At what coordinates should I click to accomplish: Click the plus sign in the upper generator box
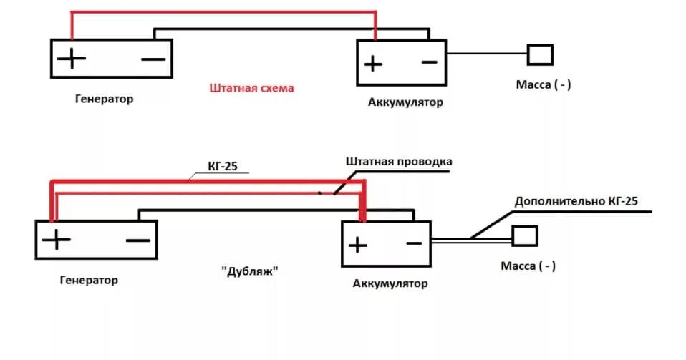(72, 58)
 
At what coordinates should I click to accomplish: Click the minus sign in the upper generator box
(153, 59)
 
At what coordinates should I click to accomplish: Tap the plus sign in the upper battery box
(372, 64)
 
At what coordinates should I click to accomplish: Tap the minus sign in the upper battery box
(428, 62)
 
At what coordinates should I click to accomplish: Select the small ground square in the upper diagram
(541, 54)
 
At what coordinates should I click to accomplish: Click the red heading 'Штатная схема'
(251, 88)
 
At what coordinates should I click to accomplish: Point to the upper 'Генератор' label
(104, 99)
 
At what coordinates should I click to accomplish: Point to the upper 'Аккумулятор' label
(405, 102)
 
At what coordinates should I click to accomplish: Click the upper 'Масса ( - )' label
(544, 84)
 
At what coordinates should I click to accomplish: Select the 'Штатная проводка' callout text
(398, 161)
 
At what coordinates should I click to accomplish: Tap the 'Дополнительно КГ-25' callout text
(576, 201)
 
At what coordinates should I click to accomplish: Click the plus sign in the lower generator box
(56, 240)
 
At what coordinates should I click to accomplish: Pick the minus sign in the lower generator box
(137, 240)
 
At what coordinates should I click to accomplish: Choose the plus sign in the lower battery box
(357, 245)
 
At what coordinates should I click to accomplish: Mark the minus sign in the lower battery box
(413, 243)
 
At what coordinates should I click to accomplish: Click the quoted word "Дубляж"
(249, 272)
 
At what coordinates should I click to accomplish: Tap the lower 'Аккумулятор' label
(390, 283)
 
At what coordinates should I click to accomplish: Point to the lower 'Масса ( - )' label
(528, 266)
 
